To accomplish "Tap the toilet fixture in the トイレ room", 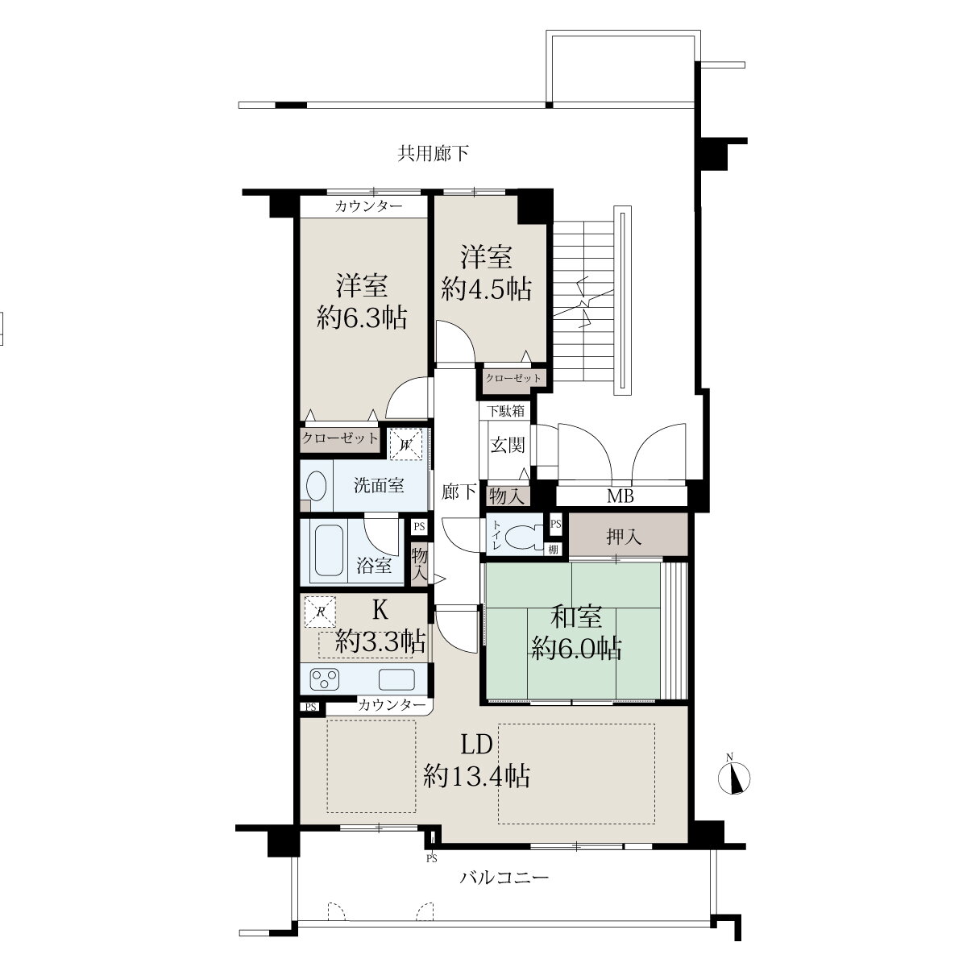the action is coord(524,536).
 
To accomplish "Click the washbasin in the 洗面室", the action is coord(316,486).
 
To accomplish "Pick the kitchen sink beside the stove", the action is coord(396,680).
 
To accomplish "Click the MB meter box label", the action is coord(620,496).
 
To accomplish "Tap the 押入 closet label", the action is coord(624,537).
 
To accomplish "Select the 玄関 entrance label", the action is coord(508,445).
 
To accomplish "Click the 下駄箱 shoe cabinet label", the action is coord(506,411).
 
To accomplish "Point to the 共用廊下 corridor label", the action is coord(433,153).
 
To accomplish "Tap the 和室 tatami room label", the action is coord(576,616).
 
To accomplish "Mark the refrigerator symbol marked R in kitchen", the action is coord(320,611).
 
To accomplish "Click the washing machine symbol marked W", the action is coord(405,443).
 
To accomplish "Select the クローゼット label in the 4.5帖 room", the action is coord(513,378).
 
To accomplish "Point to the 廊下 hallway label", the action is coord(459,492).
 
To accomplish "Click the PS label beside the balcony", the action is coord(432,858).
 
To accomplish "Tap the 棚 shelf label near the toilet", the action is coord(553,550).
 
